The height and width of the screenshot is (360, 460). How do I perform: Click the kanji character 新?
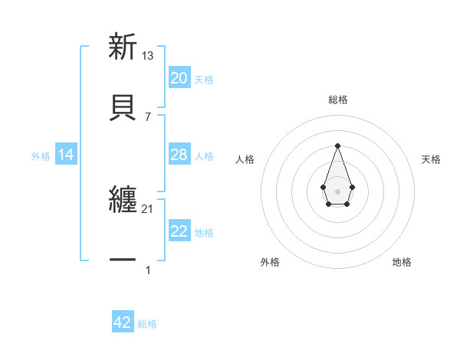[123, 47]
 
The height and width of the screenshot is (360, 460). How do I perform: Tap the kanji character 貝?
[123, 106]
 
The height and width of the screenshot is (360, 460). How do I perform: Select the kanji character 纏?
[123, 201]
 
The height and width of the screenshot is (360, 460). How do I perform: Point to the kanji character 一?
[123, 261]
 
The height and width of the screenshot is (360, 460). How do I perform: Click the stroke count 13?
[148, 56]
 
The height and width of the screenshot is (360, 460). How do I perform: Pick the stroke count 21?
[148, 209]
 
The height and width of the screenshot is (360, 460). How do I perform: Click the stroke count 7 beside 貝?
[148, 116]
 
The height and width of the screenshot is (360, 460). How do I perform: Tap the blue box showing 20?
[179, 78]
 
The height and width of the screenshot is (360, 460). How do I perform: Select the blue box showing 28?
[179, 155]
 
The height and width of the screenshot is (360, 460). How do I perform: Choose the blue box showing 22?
[179, 231]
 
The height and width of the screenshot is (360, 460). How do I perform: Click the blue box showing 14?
[66, 155]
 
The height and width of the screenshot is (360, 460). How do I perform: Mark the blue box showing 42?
[123, 322]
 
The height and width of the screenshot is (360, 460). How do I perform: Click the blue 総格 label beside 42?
[147, 324]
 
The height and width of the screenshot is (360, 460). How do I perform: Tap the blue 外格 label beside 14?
[41, 156]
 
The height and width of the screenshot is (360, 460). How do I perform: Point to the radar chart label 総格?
[338, 100]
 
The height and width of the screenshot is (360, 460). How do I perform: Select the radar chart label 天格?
[431, 159]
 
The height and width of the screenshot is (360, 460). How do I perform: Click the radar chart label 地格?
[402, 262]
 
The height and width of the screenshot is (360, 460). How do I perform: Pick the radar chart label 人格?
[245, 159]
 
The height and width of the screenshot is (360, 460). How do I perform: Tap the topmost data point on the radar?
[337, 146]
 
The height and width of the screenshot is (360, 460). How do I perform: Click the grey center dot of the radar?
[337, 191]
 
